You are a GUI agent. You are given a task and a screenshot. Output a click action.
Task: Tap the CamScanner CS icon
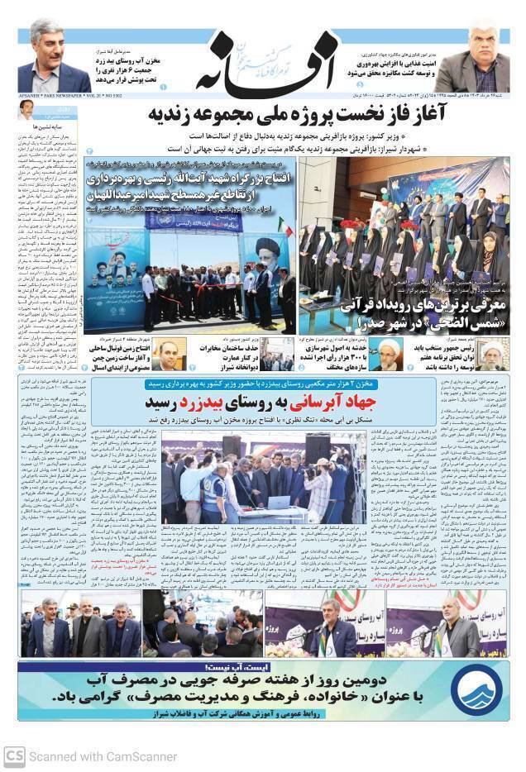tap(14, 755)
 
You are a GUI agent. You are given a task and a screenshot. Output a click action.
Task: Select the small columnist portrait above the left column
tap(27, 109)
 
